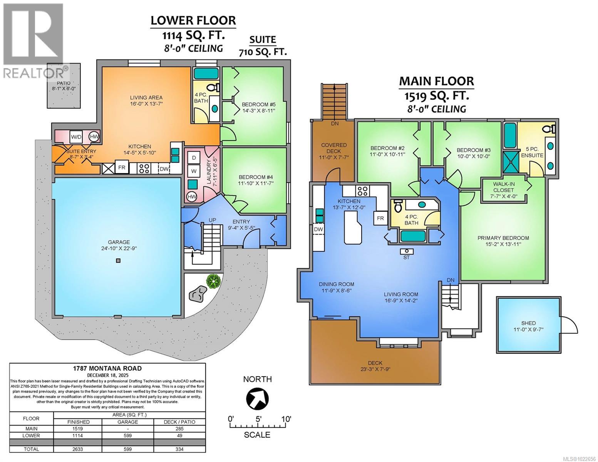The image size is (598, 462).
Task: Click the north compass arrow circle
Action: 257,398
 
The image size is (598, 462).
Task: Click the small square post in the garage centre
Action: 118,261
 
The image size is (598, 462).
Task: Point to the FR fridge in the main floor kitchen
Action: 380,218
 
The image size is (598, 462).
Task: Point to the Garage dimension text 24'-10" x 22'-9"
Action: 119,248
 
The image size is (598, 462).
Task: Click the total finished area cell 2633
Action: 78,449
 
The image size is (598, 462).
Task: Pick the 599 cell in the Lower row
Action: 127,435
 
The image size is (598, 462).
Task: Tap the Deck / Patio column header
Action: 179,422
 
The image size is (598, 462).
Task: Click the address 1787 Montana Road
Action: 107,368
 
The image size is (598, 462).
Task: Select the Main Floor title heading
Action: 436,81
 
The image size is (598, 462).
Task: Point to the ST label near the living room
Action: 406,258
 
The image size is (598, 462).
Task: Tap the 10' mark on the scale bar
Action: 286,418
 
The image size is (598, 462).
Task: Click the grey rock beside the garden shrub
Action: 198,294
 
